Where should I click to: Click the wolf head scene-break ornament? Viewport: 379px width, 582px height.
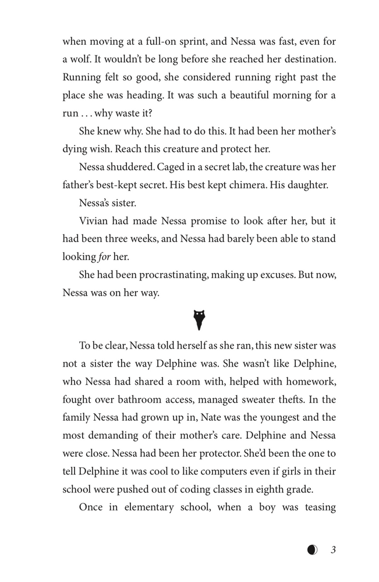click(x=200, y=318)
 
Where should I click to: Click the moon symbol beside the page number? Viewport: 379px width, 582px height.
click(x=313, y=550)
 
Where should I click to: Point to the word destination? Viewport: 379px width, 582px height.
click(x=307, y=59)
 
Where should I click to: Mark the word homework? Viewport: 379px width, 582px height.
click(x=309, y=381)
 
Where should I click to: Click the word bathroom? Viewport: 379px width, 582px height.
click(x=154, y=399)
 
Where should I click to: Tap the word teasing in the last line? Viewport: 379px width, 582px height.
click(x=316, y=507)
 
